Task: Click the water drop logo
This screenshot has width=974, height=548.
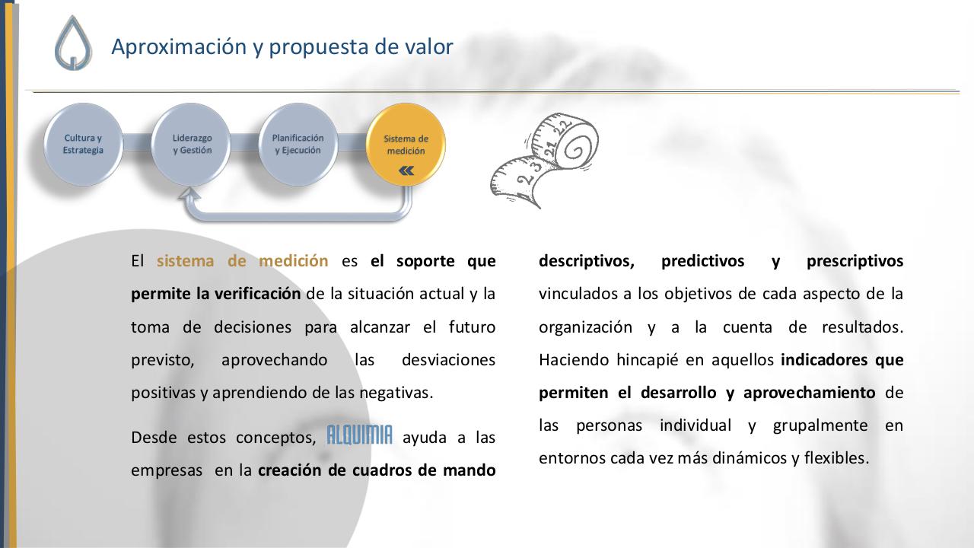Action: point(73,44)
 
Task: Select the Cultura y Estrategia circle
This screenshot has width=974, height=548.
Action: point(83,145)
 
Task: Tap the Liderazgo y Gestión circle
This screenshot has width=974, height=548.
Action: point(191,145)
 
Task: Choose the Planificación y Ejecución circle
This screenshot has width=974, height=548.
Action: point(298,145)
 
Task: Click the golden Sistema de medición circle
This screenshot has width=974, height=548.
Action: point(406,143)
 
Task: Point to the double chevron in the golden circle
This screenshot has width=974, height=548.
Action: point(406,170)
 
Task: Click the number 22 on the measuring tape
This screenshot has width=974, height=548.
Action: point(563,129)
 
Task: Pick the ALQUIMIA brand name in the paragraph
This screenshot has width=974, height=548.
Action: point(359,436)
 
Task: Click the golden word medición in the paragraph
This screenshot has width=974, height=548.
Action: point(293,261)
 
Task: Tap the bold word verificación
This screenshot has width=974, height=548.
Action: point(256,294)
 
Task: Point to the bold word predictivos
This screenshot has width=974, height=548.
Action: point(702,261)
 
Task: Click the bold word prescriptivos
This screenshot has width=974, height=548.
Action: point(855,261)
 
